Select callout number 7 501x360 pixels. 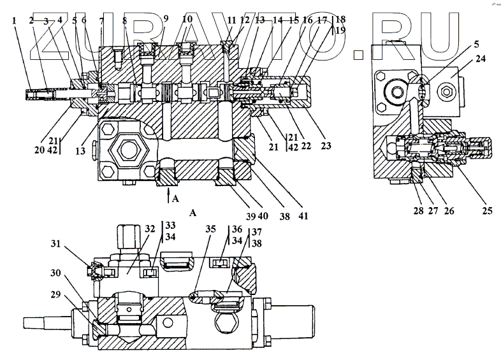101,20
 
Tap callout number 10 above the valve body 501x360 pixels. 187,20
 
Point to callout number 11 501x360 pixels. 231,20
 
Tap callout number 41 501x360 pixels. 303,216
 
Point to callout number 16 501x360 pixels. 308,20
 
